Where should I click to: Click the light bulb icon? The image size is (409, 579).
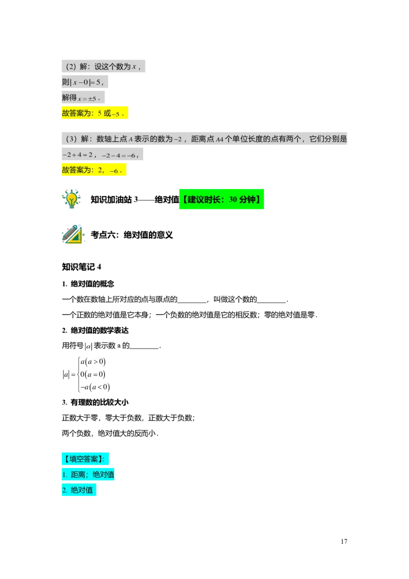point(72,198)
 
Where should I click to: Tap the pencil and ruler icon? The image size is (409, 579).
point(73,234)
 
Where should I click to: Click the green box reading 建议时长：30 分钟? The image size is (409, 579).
point(221,199)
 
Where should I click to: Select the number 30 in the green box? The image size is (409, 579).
point(233,199)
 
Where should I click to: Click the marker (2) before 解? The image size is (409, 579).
point(71,66)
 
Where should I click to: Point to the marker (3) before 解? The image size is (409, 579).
point(71,139)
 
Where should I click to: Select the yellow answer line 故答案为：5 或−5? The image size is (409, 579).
point(95,114)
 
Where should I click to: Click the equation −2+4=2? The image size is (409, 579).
point(77,154)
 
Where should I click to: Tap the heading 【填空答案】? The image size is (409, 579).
point(85,458)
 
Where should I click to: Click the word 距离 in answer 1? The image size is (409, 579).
point(78,475)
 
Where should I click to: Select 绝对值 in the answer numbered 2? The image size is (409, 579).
point(82,490)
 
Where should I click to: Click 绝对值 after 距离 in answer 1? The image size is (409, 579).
point(103,475)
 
